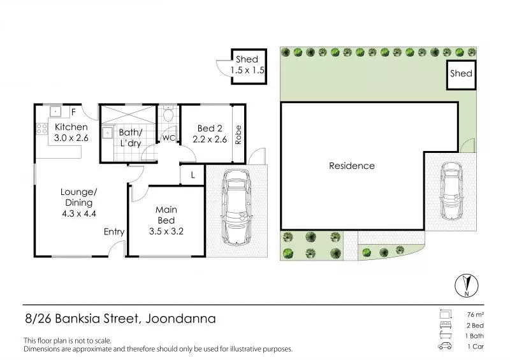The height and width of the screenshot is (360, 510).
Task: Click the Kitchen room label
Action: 71,127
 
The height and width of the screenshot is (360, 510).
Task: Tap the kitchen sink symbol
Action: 55,112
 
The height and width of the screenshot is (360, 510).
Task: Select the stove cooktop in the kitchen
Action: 42,129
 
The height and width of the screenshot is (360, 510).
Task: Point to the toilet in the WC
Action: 168,113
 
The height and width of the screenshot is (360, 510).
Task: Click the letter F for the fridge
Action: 73,112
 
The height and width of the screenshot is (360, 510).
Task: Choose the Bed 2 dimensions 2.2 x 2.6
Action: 210,140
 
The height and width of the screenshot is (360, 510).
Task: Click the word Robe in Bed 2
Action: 238,134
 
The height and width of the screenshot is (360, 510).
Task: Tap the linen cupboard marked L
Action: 193,175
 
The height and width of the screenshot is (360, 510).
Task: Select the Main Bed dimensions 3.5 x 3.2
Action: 166,231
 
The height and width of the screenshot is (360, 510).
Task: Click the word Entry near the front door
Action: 114,232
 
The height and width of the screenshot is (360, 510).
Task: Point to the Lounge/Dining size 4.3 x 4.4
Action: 79,213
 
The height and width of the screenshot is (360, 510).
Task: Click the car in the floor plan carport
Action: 237,208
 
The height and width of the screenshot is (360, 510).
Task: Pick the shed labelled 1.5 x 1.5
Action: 249,66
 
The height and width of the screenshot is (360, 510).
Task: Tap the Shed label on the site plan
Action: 461,73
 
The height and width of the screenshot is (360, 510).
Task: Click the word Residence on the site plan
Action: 352,166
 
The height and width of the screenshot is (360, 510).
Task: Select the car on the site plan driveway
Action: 451,192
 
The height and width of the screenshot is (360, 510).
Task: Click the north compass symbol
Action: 467,285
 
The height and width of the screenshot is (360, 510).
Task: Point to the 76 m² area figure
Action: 475,315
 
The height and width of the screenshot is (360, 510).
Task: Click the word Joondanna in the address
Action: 181,319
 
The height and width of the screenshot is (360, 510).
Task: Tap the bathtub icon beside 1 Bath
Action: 446,335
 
